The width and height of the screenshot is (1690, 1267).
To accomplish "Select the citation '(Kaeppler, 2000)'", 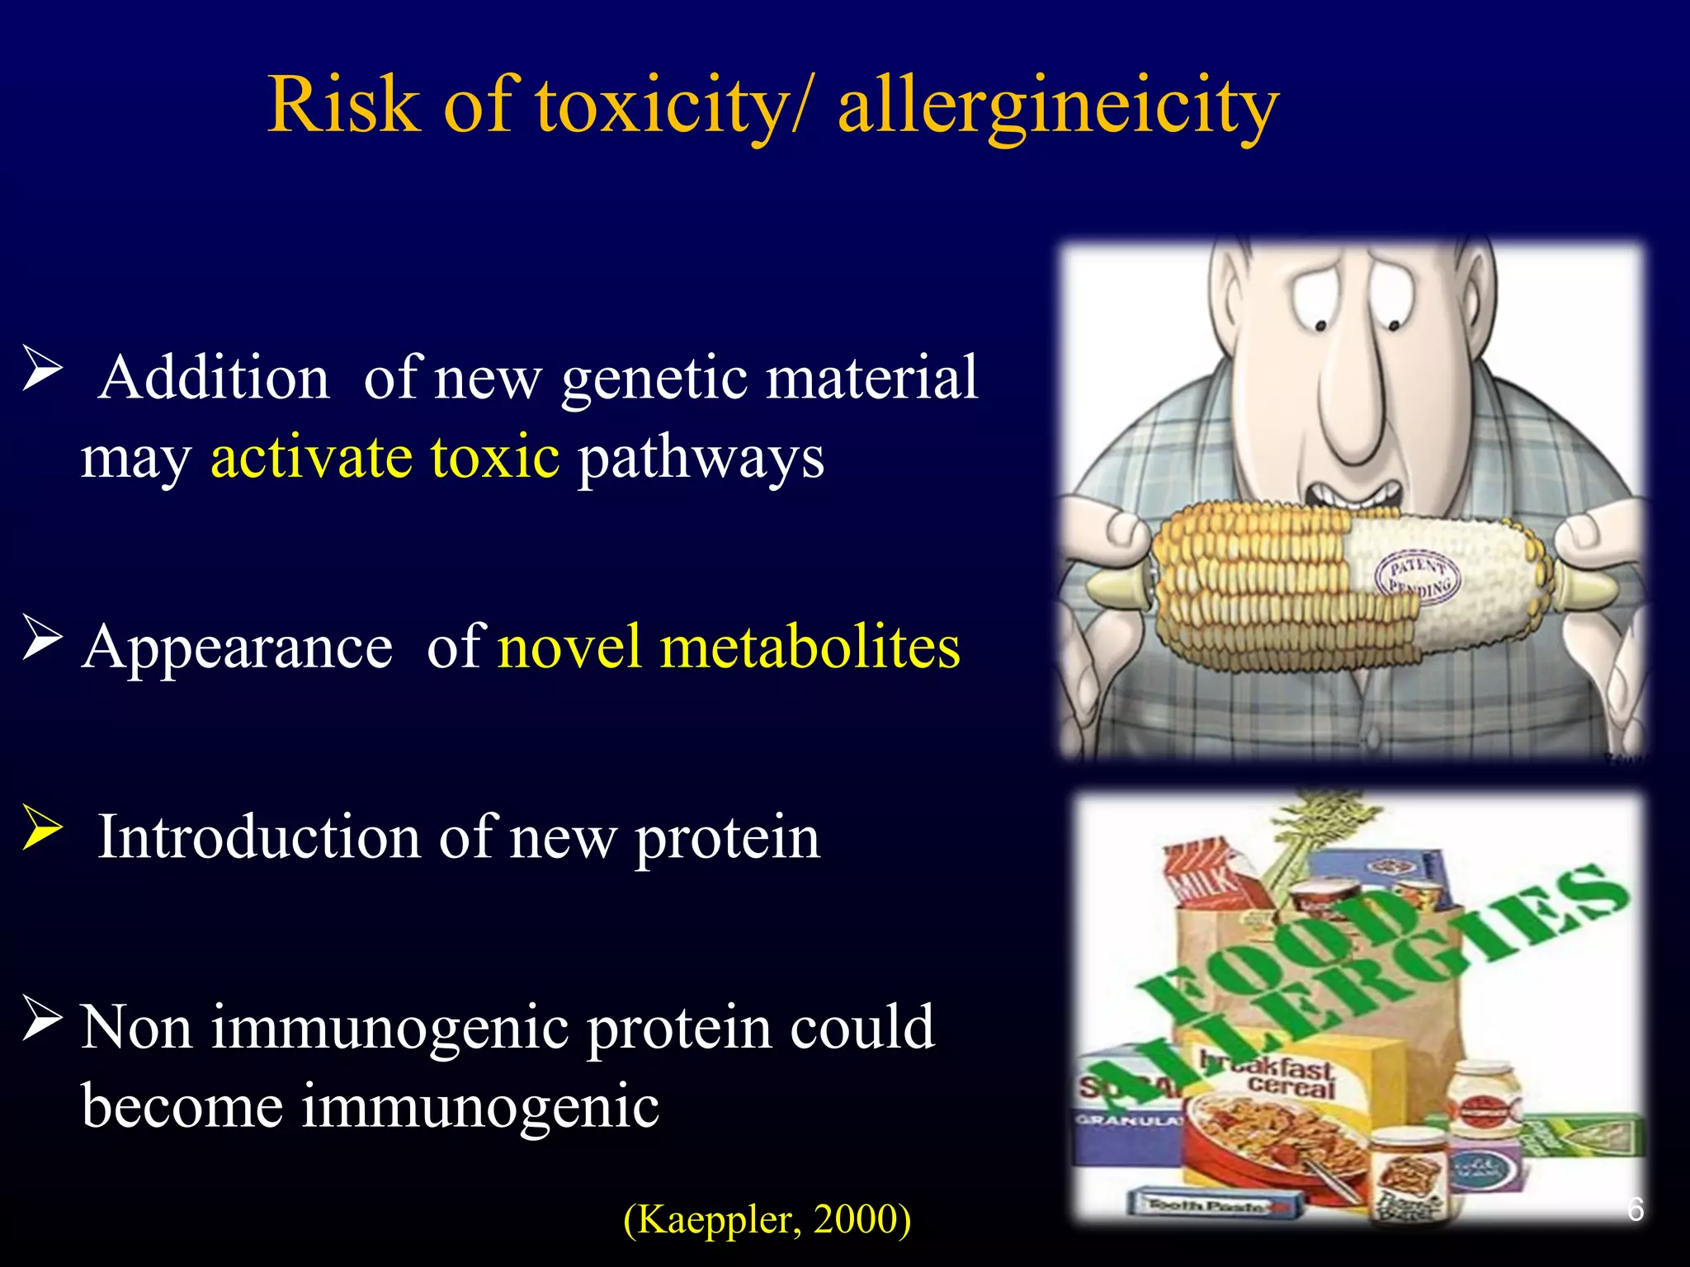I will coord(767,1218).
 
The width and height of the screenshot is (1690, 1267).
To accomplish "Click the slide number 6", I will coord(1635,1208).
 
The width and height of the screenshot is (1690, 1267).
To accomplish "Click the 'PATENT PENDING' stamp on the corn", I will coord(1418,576).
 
